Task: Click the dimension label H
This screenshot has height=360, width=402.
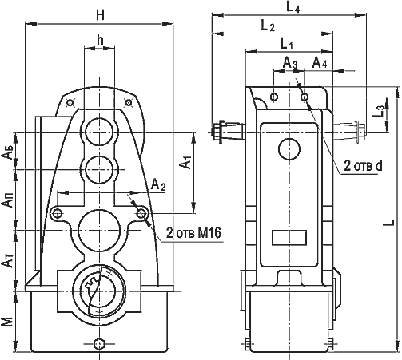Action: click(101, 16)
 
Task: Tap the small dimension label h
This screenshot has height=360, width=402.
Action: click(100, 40)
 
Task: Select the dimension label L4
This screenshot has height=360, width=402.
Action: click(293, 7)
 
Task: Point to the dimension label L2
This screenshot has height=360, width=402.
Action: click(267, 26)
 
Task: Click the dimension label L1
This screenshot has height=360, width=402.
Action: click(287, 44)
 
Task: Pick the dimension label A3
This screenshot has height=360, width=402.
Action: click(290, 64)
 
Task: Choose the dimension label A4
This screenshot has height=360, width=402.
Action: click(320, 62)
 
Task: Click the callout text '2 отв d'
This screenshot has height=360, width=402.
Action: click(363, 166)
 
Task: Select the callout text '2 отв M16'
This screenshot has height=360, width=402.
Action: click(193, 233)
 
